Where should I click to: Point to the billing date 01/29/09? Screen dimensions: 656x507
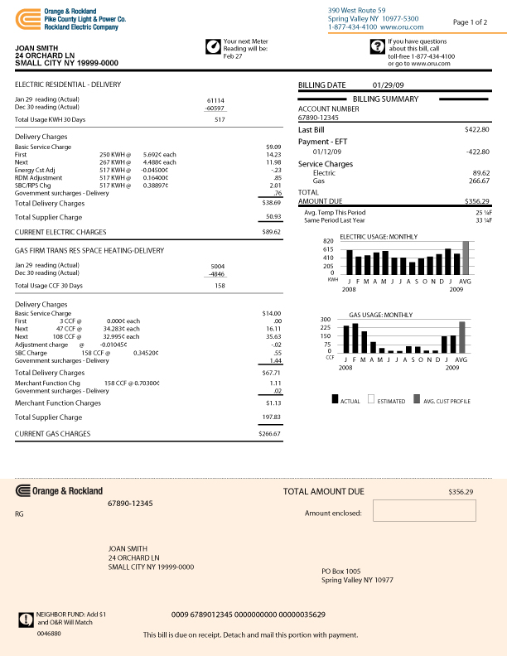[388, 84]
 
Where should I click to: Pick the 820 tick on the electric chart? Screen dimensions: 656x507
[329, 241]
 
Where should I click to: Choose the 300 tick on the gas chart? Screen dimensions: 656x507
[326, 319]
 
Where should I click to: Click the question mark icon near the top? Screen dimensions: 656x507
[377, 46]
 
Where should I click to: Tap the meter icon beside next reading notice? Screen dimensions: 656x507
[213, 46]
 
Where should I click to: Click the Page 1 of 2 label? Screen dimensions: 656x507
[471, 22]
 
